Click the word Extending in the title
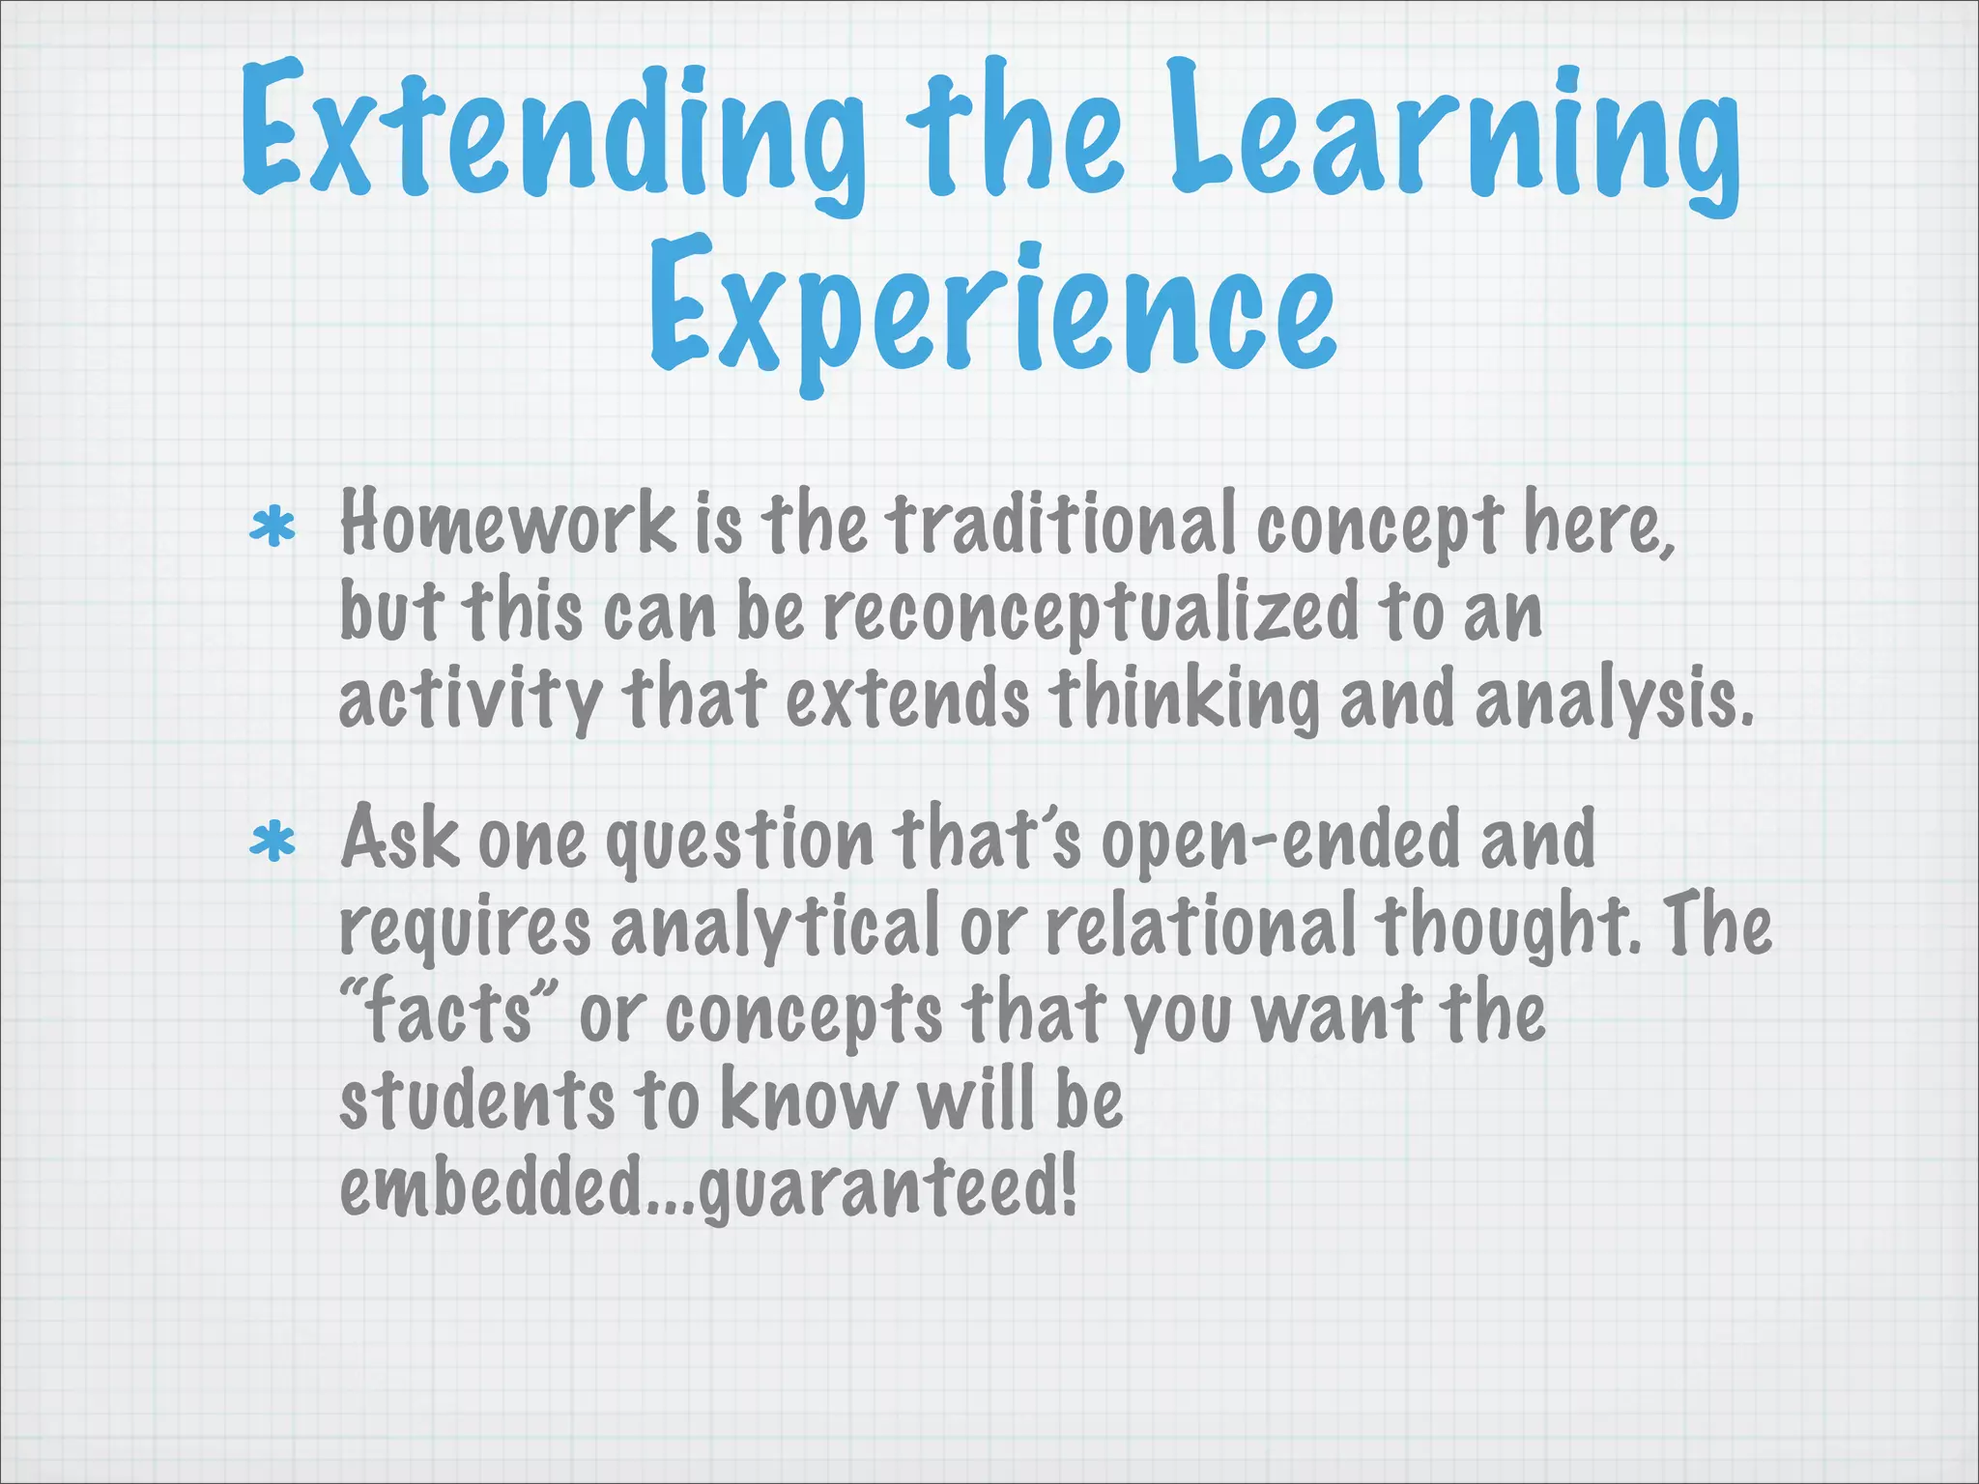click(551, 130)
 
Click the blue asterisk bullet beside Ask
click(272, 842)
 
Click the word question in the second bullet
click(739, 841)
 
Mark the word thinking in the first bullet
click(1183, 699)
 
